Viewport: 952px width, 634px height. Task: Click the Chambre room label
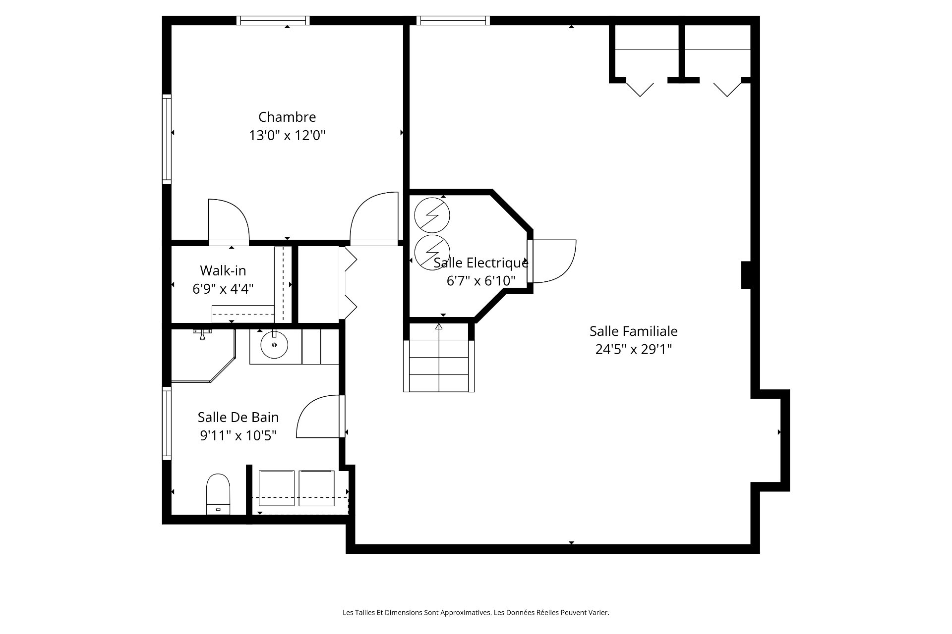click(x=287, y=117)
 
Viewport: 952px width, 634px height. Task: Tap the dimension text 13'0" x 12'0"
click(x=287, y=135)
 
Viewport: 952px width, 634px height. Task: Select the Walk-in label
click(x=223, y=270)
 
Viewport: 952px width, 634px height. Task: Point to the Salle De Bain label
click(x=238, y=417)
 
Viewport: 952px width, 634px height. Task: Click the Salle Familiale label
click(x=633, y=331)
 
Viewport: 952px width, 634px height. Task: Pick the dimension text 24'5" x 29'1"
click(x=633, y=349)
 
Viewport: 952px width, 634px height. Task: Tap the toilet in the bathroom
click(x=218, y=494)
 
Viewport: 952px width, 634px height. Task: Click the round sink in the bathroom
click(x=274, y=345)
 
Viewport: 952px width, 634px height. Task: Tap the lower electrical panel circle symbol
click(x=432, y=253)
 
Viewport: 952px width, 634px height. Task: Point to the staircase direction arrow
click(x=439, y=326)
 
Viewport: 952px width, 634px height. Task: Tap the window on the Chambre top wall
click(x=273, y=20)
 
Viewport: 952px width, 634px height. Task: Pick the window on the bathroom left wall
click(x=167, y=423)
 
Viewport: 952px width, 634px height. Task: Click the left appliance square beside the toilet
click(x=276, y=488)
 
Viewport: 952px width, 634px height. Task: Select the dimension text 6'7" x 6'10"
click(x=481, y=281)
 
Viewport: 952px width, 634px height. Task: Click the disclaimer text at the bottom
click(x=476, y=613)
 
